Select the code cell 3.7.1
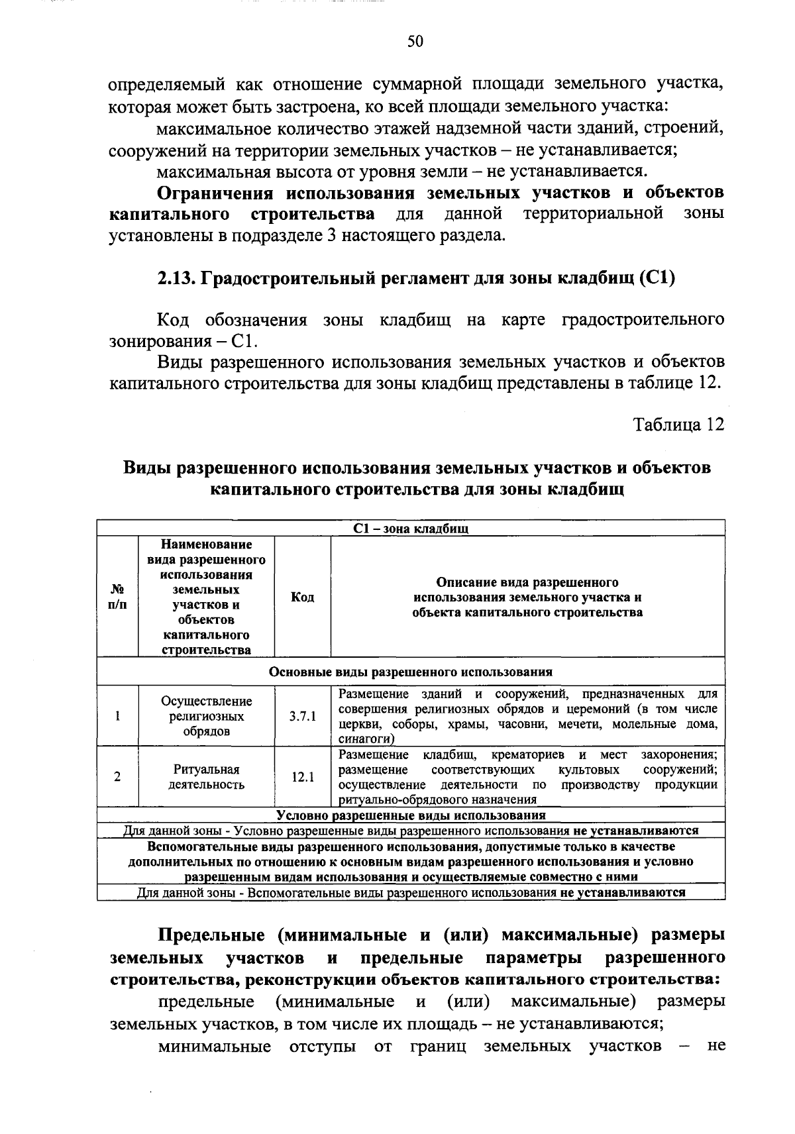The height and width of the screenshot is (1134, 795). [303, 717]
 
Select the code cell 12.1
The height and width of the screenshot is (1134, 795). [303, 777]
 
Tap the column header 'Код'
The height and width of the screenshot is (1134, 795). [303, 597]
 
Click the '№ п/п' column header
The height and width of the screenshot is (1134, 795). [117, 597]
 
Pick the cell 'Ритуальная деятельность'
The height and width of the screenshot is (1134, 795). [206, 777]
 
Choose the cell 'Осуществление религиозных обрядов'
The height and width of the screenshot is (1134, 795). [206, 716]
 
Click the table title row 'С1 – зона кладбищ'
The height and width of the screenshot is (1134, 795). [411, 529]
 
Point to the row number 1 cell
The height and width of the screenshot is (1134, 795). [117, 716]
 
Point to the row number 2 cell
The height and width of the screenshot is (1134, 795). [117, 777]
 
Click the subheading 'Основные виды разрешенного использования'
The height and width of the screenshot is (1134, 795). [411, 671]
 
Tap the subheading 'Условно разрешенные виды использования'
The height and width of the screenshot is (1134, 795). [411, 815]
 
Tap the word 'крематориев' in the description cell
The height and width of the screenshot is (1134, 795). [528, 755]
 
